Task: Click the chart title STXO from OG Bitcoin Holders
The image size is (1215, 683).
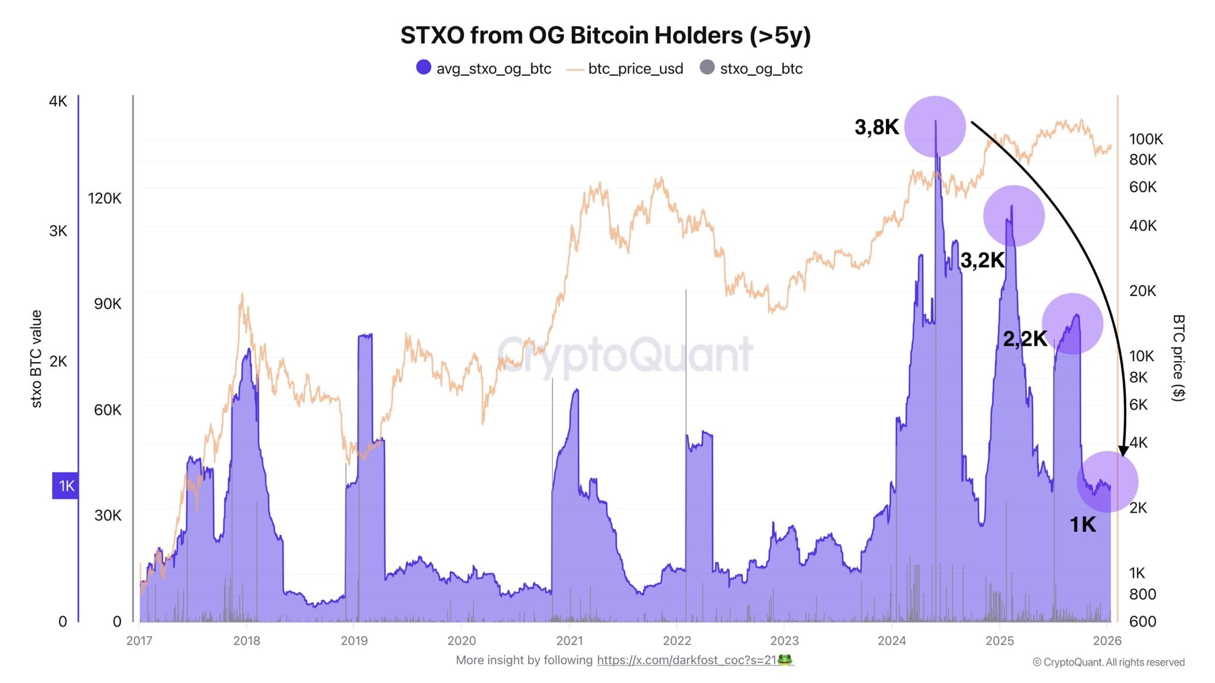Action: (x=605, y=36)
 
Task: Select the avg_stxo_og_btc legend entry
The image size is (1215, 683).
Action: (x=484, y=68)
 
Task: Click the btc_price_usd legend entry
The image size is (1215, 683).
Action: (x=625, y=69)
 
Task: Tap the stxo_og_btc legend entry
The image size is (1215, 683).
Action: (x=752, y=68)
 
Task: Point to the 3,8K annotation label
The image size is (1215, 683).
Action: (x=876, y=127)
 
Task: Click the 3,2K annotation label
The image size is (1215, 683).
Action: (x=982, y=260)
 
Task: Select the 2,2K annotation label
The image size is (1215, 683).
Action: (x=1025, y=339)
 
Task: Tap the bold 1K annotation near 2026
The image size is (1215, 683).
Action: (x=1083, y=525)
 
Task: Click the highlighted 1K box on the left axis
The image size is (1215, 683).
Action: (x=65, y=486)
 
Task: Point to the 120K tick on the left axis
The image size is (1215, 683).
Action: (x=104, y=199)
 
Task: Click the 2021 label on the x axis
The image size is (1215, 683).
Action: (x=570, y=641)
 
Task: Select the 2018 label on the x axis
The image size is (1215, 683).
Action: (x=247, y=641)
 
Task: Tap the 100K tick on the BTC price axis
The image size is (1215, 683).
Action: (x=1146, y=139)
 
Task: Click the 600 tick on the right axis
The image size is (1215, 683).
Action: (x=1143, y=621)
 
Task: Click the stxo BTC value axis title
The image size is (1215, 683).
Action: (x=37, y=359)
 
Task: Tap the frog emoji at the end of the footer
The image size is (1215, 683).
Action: (x=785, y=660)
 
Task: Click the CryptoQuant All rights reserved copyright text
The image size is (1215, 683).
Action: (x=1108, y=662)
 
